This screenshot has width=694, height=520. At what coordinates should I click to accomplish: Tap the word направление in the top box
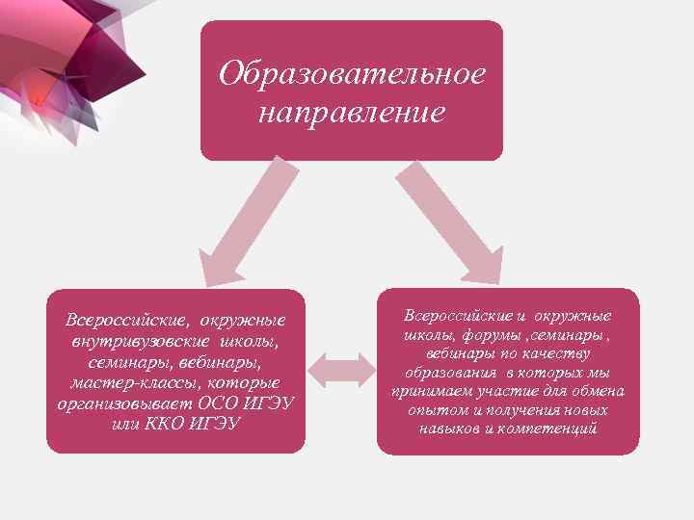coord(352,112)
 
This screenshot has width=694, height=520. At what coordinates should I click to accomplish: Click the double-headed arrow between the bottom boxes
coord(340,371)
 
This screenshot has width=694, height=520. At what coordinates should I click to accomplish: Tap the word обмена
coord(599,391)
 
